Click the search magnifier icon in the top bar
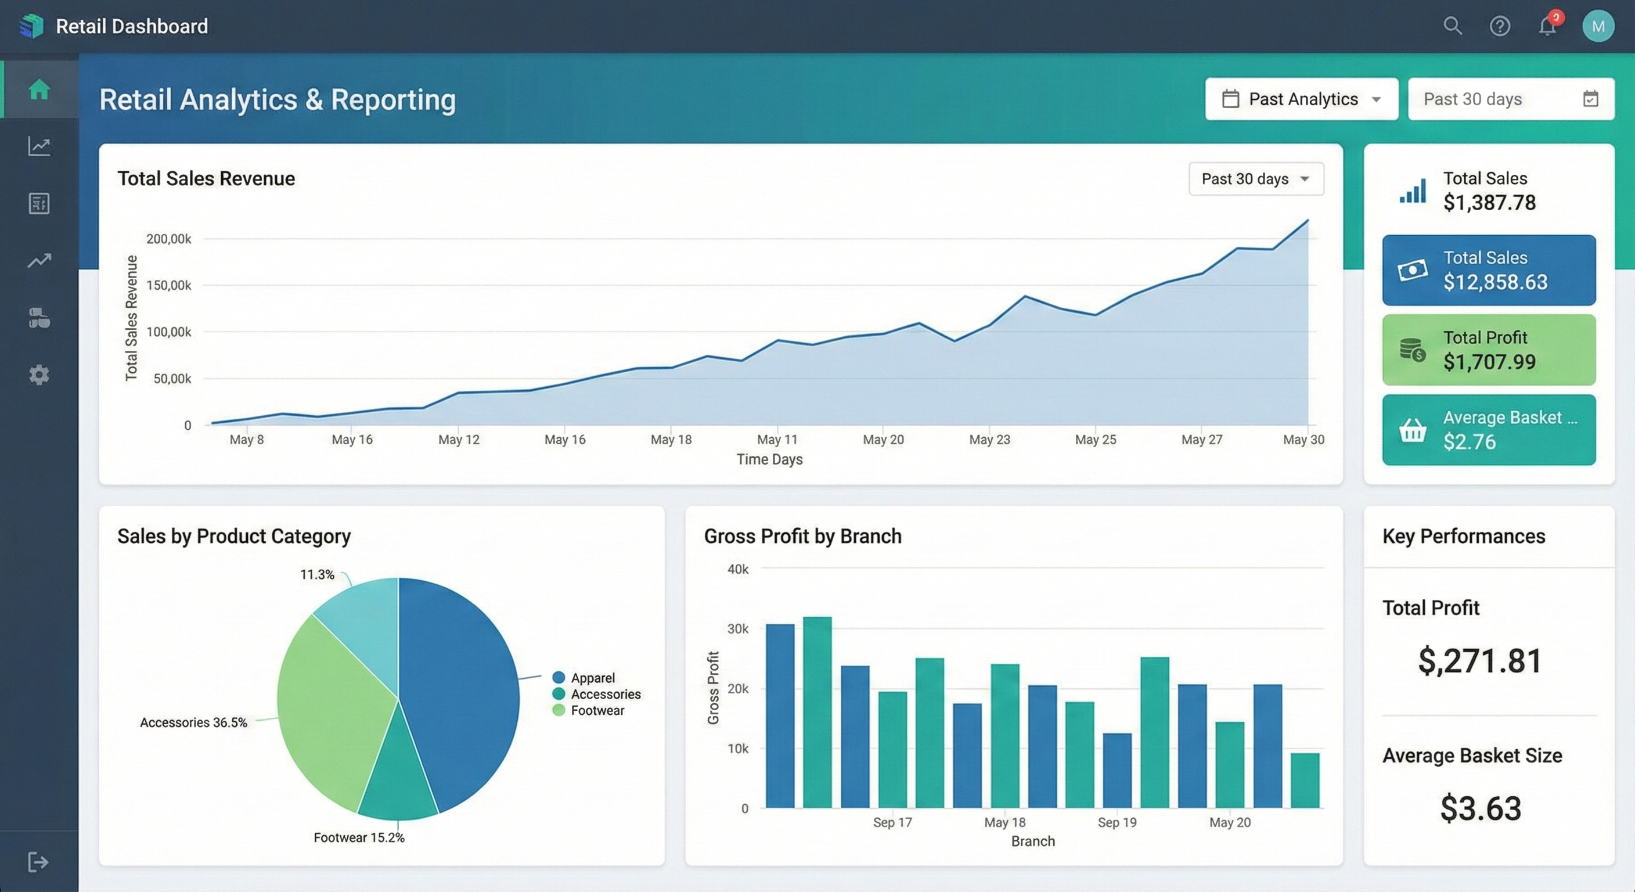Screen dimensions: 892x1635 [x=1452, y=26]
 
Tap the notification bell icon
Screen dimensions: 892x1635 [x=1547, y=26]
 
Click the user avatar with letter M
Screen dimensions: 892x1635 [x=1598, y=26]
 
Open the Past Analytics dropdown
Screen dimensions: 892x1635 [x=1301, y=99]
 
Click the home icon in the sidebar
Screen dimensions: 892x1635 [x=39, y=89]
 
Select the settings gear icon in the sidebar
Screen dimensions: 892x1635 [x=39, y=375]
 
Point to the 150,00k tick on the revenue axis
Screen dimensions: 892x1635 [x=168, y=285]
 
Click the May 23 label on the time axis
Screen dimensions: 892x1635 [x=989, y=440]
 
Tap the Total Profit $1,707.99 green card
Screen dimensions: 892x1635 [x=1488, y=350]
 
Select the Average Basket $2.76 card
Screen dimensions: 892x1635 [x=1488, y=430]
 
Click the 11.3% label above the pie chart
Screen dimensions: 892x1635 [x=316, y=574]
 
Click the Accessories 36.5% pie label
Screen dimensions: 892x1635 [x=193, y=722]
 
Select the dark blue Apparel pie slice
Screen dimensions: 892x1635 [x=457, y=686]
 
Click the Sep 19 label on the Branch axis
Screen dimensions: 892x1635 [x=1117, y=822]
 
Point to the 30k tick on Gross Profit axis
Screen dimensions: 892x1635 [x=737, y=628]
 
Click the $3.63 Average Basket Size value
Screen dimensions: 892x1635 [x=1480, y=808]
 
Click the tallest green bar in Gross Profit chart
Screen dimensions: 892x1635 [x=817, y=711]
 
